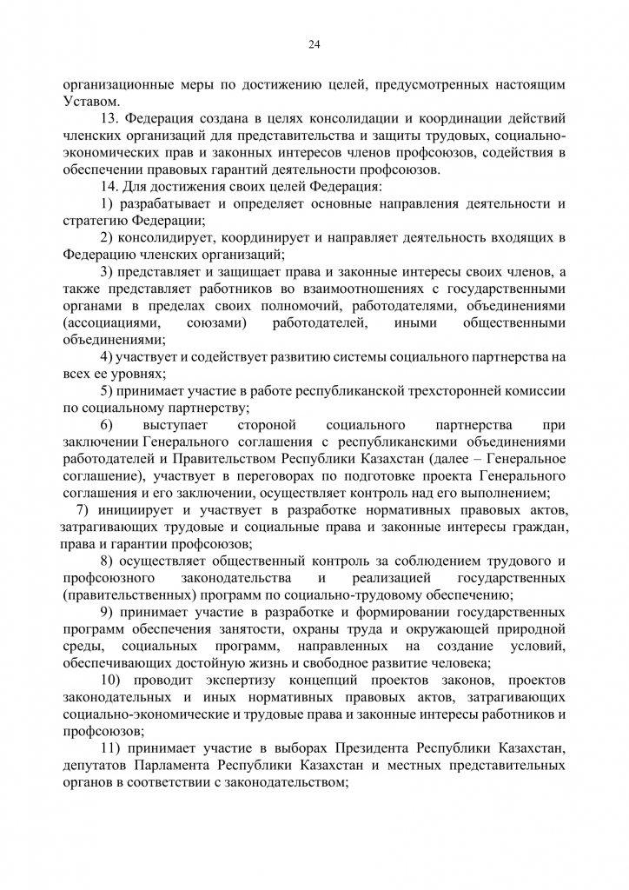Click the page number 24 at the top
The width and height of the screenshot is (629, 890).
pyautogui.click(x=314, y=45)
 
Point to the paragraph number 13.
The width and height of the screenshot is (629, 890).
pyautogui.click(x=109, y=118)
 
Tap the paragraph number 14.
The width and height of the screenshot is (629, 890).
pyautogui.click(x=109, y=186)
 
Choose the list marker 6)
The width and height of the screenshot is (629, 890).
pyautogui.click(x=108, y=424)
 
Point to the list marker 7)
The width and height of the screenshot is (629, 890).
pyautogui.click(x=83, y=509)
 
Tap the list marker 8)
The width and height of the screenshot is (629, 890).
pyautogui.click(x=108, y=561)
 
